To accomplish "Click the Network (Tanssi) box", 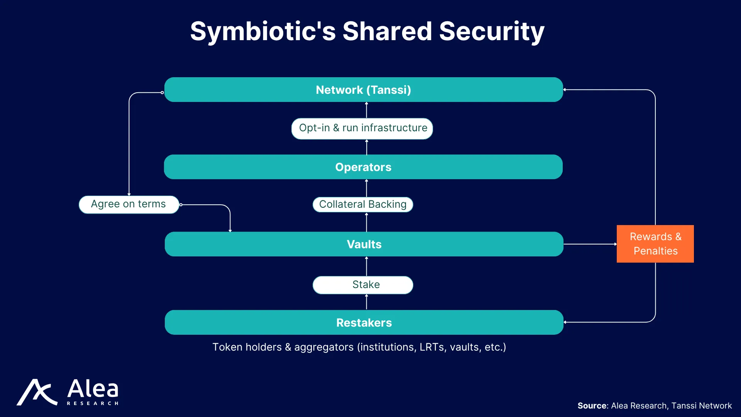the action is pos(364,90).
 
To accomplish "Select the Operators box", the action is pos(363,167).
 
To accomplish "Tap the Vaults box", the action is pos(364,244).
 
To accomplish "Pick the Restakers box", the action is pos(364,322).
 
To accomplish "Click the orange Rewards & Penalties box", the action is pos(655,244).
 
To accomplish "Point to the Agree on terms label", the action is pos(129,204).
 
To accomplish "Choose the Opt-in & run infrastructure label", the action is pos(362,129).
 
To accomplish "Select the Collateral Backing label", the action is pos(363,205).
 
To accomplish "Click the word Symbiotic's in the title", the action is pos(263,32).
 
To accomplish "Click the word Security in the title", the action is pos(492,32).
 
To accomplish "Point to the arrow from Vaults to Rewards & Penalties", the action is pos(590,244).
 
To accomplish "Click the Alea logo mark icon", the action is pos(37,392).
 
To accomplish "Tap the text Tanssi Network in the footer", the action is pos(702,406).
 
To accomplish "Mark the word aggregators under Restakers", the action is pos(324,347).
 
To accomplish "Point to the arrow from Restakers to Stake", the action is pos(367,302).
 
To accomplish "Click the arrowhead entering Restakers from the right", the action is pos(565,322).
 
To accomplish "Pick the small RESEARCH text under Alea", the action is pos(93,403).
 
